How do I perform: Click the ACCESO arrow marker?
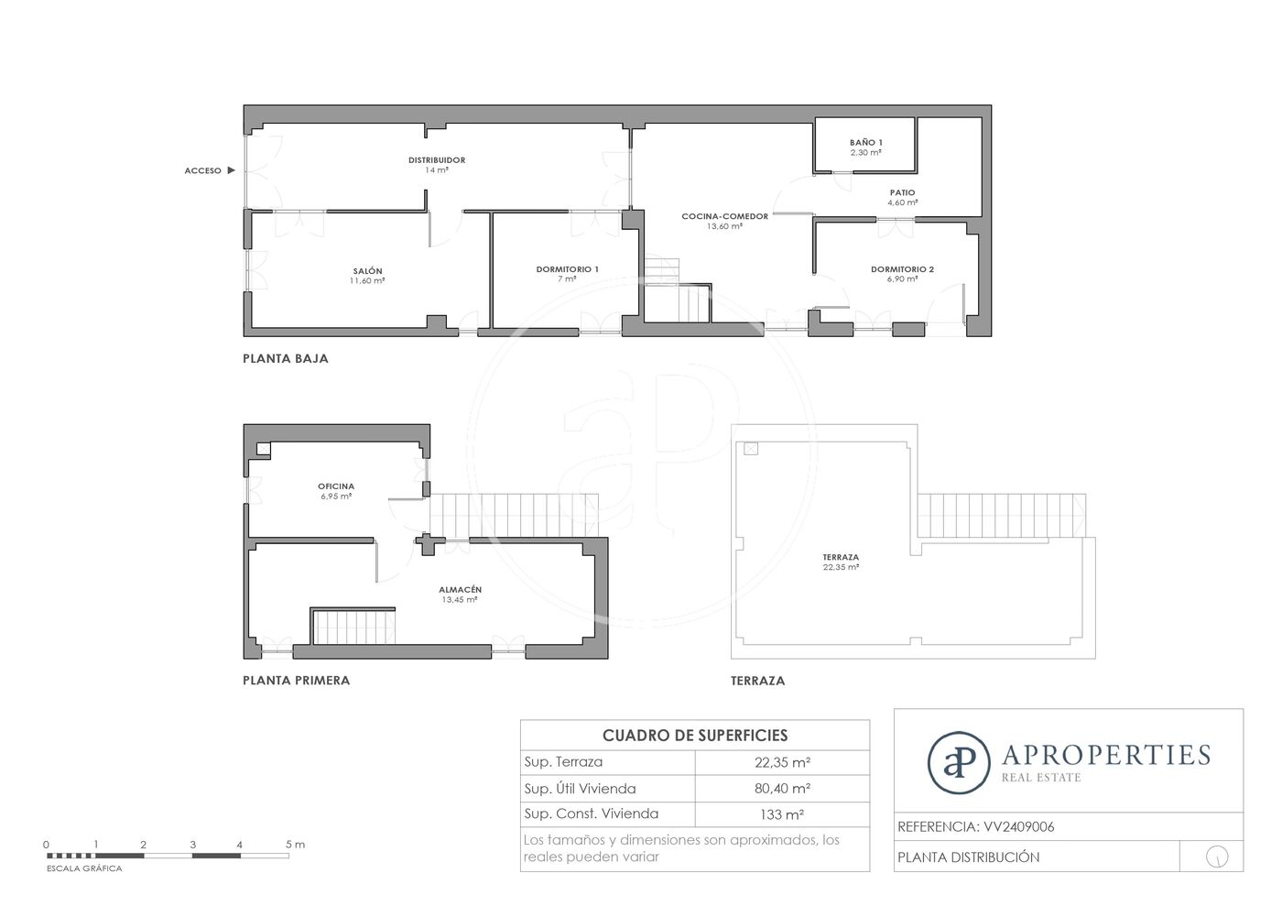[x=231, y=170]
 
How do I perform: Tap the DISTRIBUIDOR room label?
[x=437, y=160]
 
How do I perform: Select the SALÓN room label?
[x=367, y=271]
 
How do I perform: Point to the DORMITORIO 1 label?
[x=567, y=269]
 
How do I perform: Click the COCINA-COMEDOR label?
[x=724, y=216]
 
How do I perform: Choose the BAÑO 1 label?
[x=866, y=142]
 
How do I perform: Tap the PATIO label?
[x=903, y=192]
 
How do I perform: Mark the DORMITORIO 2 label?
[x=903, y=269]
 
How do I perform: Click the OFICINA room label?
[x=336, y=486]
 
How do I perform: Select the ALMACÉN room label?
[x=460, y=589]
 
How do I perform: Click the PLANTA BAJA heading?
[x=286, y=358]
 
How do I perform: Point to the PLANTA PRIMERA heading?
[x=297, y=681]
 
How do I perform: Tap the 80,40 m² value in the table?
[x=782, y=789]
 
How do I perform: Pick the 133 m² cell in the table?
[x=782, y=814]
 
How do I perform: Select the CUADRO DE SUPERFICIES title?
[x=695, y=736]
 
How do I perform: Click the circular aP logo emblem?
[x=959, y=763]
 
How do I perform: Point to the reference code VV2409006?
[x=1018, y=827]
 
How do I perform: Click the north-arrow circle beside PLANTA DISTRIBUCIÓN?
[x=1217, y=857]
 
